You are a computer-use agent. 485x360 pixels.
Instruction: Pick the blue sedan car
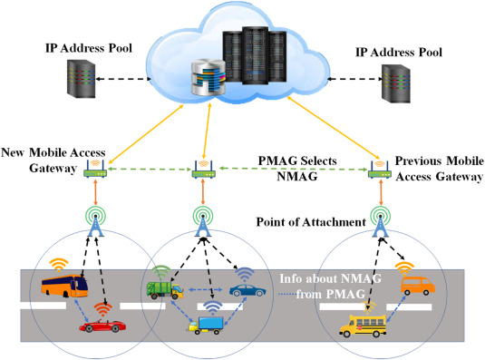246,293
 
